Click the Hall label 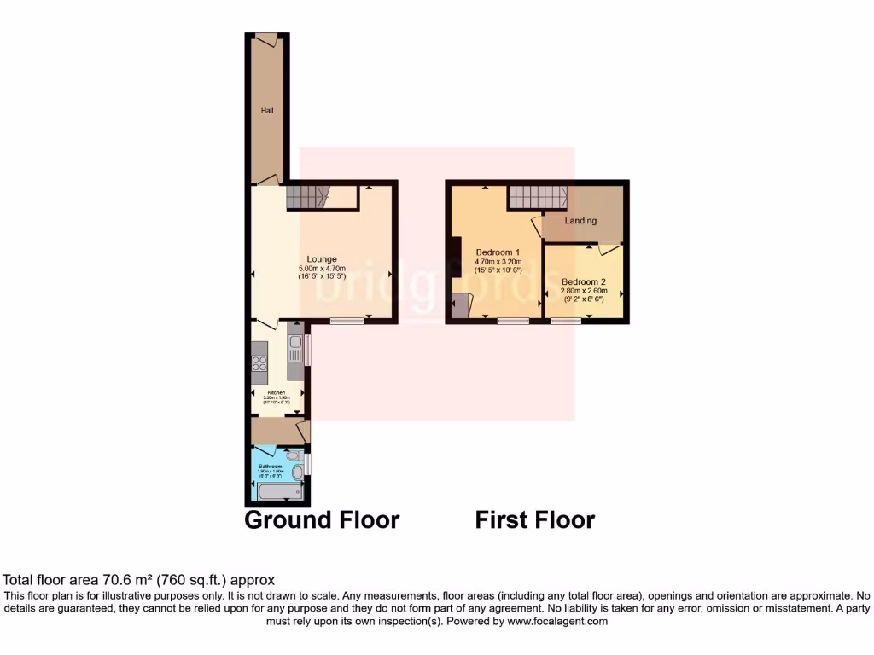[x=267, y=110]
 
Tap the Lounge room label [x=322, y=259]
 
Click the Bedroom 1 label [x=498, y=252]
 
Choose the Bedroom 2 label [x=584, y=281]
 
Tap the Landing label [x=580, y=221]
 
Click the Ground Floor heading [x=322, y=519]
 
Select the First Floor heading [x=534, y=519]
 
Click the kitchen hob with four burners [x=260, y=366]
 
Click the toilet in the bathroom [x=295, y=472]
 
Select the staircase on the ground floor [x=307, y=199]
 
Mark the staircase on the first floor [x=539, y=198]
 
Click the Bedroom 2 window [x=564, y=321]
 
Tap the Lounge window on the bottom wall [x=346, y=321]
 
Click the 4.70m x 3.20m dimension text [x=498, y=262]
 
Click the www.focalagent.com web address [x=556, y=622]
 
